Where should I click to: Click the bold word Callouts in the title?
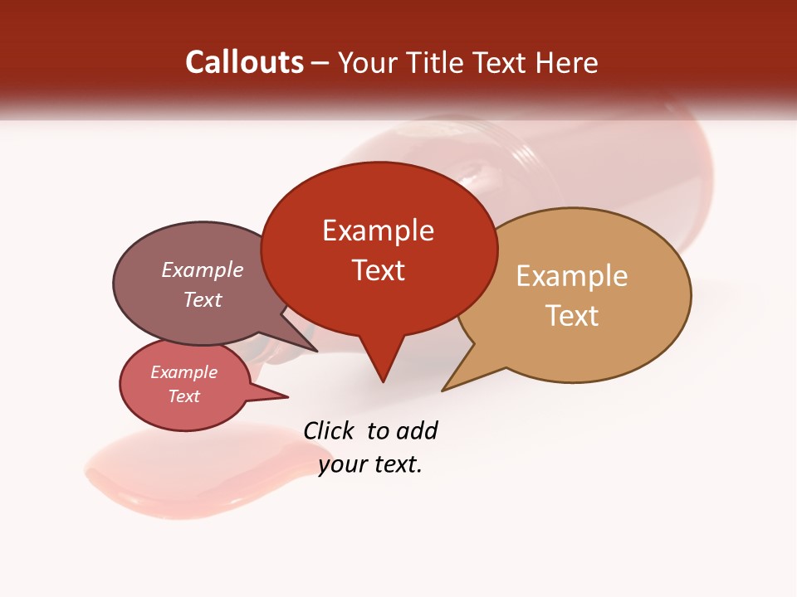click(x=244, y=62)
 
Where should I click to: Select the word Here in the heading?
click(x=568, y=63)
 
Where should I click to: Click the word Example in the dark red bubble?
click(x=378, y=230)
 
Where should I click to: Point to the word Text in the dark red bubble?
click(x=378, y=269)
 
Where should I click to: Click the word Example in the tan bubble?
click(x=572, y=276)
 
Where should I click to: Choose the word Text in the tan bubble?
click(x=572, y=316)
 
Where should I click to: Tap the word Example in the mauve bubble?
click(x=203, y=269)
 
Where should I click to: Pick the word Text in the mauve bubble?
click(x=203, y=299)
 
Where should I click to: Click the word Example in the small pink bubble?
click(x=183, y=372)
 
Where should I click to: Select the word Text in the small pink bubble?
click(x=183, y=396)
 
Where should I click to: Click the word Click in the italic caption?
click(x=328, y=430)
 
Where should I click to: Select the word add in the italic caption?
click(x=417, y=430)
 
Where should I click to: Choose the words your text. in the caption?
click(x=370, y=465)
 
